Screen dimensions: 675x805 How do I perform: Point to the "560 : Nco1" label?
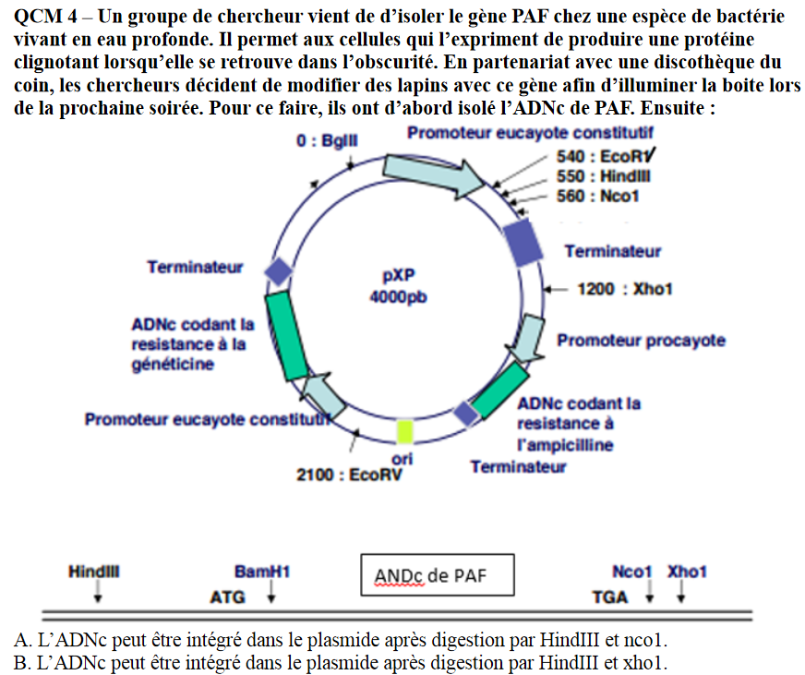click(x=598, y=196)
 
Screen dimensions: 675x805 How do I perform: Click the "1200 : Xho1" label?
click(x=624, y=289)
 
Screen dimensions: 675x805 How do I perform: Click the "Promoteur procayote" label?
click(x=641, y=341)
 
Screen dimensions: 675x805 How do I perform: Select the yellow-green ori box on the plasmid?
click(x=403, y=430)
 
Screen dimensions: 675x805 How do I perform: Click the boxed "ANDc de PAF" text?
click(x=430, y=576)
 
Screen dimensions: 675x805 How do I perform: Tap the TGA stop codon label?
click(x=609, y=597)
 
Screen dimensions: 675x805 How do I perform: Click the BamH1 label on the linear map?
click(x=262, y=573)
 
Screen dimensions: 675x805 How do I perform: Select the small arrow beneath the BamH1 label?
click(x=270, y=595)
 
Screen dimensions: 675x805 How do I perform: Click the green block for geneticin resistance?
click(x=287, y=336)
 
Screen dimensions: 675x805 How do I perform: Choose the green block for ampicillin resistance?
click(x=499, y=390)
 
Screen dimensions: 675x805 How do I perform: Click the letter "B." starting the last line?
click(x=23, y=663)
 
